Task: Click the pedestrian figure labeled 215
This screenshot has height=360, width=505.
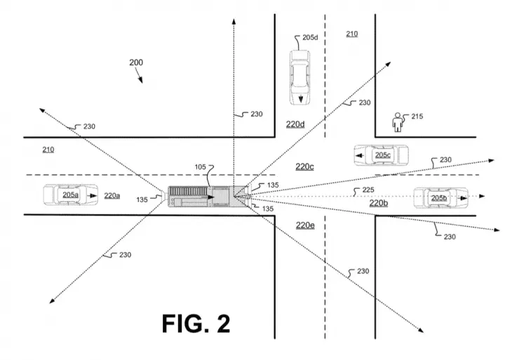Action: [x=398, y=122]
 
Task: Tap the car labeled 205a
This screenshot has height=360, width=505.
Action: [x=71, y=194]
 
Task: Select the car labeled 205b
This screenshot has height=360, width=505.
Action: [x=440, y=198]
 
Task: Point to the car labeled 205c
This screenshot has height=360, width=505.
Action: [x=382, y=155]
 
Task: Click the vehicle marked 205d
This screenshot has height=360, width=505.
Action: [x=300, y=77]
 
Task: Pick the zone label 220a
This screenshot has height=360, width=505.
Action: [x=112, y=196]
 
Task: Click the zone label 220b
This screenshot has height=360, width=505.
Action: [x=379, y=203]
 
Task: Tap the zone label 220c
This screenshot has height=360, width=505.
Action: [x=304, y=166]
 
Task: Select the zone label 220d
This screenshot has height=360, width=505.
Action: [x=295, y=124]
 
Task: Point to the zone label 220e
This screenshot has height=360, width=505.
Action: [x=305, y=225]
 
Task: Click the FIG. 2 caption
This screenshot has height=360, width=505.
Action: [x=196, y=324]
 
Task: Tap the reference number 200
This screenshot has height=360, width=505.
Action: [x=136, y=62]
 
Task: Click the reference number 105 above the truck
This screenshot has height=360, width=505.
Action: [x=200, y=167]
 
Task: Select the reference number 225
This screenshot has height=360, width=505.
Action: [x=368, y=190]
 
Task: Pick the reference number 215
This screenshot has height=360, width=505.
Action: [x=417, y=116]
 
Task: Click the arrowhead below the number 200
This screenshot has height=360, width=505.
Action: [x=141, y=80]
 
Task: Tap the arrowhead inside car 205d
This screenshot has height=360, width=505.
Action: [x=301, y=99]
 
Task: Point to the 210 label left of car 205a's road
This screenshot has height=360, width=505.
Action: [x=48, y=149]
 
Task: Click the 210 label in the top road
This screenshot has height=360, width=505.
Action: [x=351, y=34]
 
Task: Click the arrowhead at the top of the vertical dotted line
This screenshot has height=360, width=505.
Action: [x=234, y=21]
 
